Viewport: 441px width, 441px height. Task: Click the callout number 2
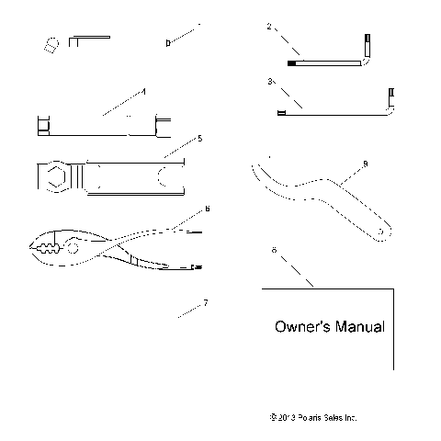click(x=269, y=27)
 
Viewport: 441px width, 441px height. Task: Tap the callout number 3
click(x=269, y=82)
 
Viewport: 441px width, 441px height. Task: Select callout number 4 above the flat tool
click(x=143, y=92)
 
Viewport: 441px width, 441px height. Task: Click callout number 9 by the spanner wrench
click(x=365, y=164)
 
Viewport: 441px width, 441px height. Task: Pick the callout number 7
click(x=205, y=303)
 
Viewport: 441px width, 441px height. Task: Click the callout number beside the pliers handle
click(x=208, y=209)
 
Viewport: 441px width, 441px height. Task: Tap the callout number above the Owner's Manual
click(x=273, y=250)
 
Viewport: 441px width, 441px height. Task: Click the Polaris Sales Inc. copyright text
click(x=309, y=416)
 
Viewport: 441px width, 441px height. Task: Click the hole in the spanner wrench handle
click(x=379, y=233)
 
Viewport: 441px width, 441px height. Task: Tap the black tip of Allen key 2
click(x=292, y=63)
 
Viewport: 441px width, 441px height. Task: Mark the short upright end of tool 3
click(x=392, y=96)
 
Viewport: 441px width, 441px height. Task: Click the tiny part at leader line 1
click(x=167, y=42)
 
